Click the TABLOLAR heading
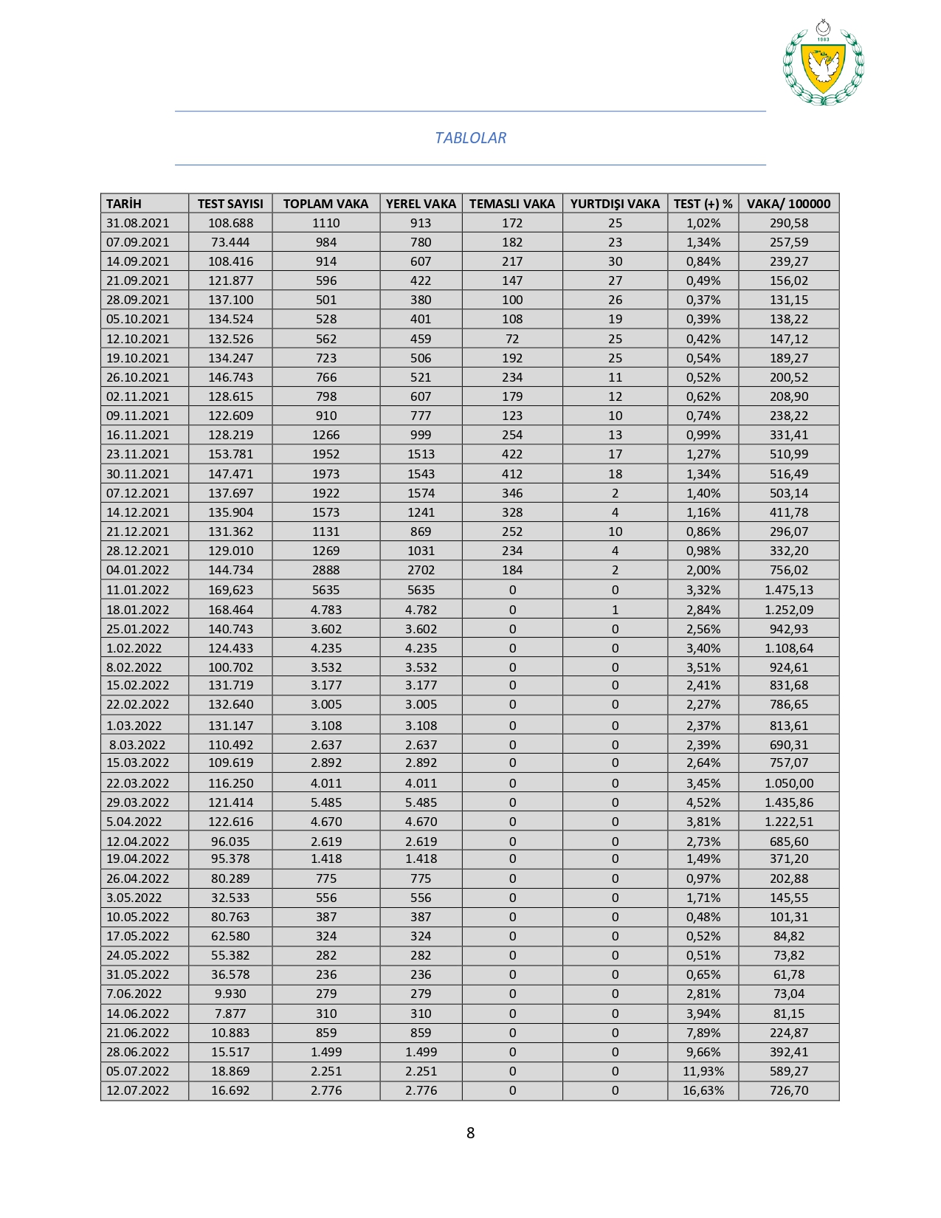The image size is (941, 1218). pos(470,138)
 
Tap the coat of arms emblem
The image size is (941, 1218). pos(823,64)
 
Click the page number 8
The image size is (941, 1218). pos(470,1132)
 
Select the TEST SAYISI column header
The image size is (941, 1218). pos(230,204)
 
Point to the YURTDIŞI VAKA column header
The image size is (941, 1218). pos(615,204)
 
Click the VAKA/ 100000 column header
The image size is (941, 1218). pos(788,204)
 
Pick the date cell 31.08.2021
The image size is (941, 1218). pos(138,223)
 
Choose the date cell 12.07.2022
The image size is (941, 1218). pos(138,1090)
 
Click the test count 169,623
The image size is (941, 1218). pos(230,590)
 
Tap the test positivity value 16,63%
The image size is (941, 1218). pos(703,1090)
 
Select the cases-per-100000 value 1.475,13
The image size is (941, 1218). pos(789,590)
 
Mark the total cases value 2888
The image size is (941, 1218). pos(325,570)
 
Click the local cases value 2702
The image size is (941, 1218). pos(421,570)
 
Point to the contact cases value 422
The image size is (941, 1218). pos(512,454)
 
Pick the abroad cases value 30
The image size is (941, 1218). pos(615,261)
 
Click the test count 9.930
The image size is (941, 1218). pos(230,994)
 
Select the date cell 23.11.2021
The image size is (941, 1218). pos(138,454)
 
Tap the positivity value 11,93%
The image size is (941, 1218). pos(703,1071)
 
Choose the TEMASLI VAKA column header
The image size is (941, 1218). pos(512,204)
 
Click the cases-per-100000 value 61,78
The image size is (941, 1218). pos(789,974)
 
